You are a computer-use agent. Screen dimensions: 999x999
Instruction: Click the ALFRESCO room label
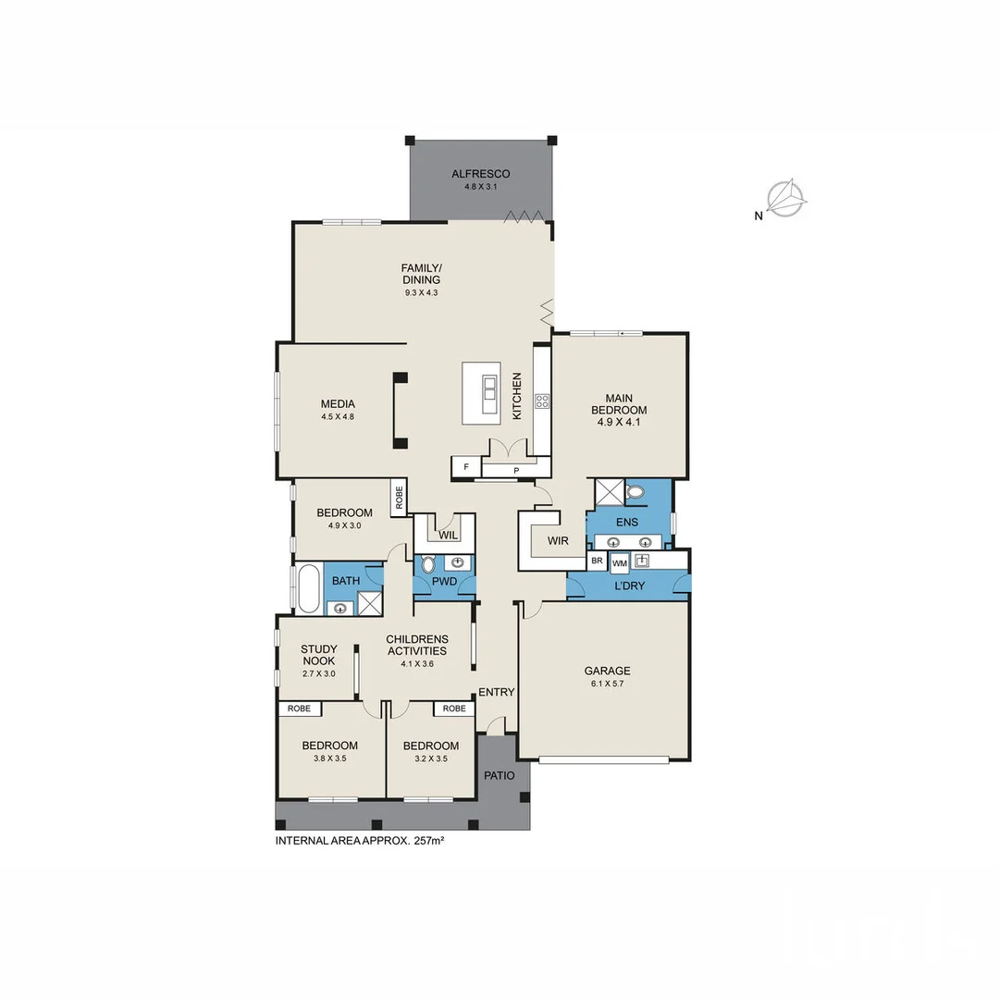tap(480, 174)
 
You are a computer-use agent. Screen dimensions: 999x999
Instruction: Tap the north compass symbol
tap(787, 197)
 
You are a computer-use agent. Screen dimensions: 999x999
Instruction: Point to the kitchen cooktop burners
tap(542, 401)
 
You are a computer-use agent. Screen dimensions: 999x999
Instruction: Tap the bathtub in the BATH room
tap(308, 588)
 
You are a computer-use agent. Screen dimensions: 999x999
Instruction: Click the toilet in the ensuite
tap(635, 492)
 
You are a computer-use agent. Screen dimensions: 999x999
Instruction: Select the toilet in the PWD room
tap(427, 564)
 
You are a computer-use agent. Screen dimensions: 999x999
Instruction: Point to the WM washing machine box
tap(619, 562)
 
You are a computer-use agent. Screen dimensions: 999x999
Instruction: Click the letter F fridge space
tap(466, 467)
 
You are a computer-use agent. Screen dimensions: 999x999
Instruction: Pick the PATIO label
tap(499, 775)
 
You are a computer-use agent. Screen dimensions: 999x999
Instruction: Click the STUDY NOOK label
tap(318, 655)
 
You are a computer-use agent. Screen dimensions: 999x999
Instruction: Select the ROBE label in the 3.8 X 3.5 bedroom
tap(299, 709)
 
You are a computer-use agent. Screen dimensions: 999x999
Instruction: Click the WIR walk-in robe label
tap(558, 541)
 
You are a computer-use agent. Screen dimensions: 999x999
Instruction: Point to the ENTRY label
tap(496, 692)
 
